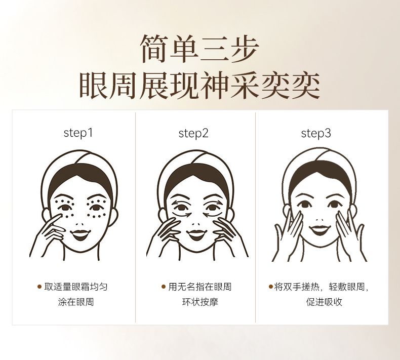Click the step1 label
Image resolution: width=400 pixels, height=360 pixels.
click(78, 133)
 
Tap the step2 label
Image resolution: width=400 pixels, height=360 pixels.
click(193, 133)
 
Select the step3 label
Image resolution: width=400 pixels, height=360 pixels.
click(316, 133)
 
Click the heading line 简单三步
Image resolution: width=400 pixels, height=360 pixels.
click(199, 49)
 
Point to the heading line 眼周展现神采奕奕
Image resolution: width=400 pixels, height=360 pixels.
click(199, 86)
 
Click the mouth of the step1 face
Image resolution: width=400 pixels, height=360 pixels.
click(81, 235)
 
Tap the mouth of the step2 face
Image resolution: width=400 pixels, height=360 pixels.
click(196, 235)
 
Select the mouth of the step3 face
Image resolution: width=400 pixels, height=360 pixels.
click(319, 229)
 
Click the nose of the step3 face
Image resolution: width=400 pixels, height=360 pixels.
click(319, 219)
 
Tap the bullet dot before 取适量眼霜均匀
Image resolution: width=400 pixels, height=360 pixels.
click(39, 287)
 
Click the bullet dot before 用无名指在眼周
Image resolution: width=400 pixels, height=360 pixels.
click(164, 287)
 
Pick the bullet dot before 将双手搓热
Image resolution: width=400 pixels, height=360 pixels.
click(271, 287)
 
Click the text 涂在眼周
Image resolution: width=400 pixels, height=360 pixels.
click(76, 302)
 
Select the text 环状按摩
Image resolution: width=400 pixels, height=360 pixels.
click(201, 302)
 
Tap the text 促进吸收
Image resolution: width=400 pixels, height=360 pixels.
click(324, 302)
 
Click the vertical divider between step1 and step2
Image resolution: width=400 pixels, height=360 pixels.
click(136, 217)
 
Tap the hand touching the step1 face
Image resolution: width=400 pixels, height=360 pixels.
click(49, 235)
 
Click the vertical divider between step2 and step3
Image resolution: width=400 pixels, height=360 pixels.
click(255, 217)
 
